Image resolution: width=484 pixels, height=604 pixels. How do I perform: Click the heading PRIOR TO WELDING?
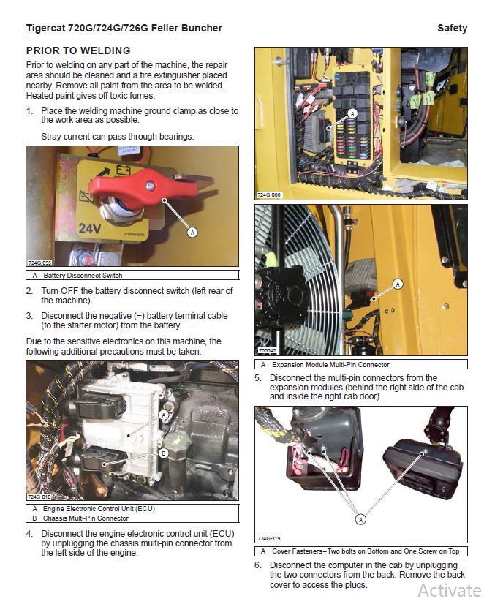click(78, 50)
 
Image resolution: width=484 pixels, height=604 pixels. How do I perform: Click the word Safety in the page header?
click(452, 28)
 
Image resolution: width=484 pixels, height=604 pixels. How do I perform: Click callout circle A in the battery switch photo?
click(192, 232)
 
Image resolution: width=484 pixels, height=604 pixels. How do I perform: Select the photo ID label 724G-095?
click(39, 262)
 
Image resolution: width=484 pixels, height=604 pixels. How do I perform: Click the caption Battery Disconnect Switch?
click(83, 276)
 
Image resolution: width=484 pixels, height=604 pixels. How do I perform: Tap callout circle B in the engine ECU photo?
click(163, 453)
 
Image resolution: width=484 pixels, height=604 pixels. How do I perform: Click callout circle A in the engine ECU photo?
click(163, 414)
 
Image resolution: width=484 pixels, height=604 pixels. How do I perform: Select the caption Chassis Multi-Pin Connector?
click(86, 518)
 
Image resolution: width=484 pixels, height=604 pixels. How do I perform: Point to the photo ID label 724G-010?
click(39, 497)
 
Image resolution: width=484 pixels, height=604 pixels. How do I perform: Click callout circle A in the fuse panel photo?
click(352, 113)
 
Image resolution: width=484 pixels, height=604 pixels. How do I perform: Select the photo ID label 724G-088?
click(268, 195)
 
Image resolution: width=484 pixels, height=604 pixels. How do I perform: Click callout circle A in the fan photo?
click(398, 284)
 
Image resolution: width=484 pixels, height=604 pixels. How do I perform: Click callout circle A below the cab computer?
click(360, 518)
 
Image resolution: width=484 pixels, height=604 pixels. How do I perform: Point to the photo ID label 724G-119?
click(268, 538)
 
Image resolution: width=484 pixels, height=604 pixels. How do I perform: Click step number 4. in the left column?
click(29, 534)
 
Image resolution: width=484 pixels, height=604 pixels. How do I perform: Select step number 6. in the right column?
click(258, 565)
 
